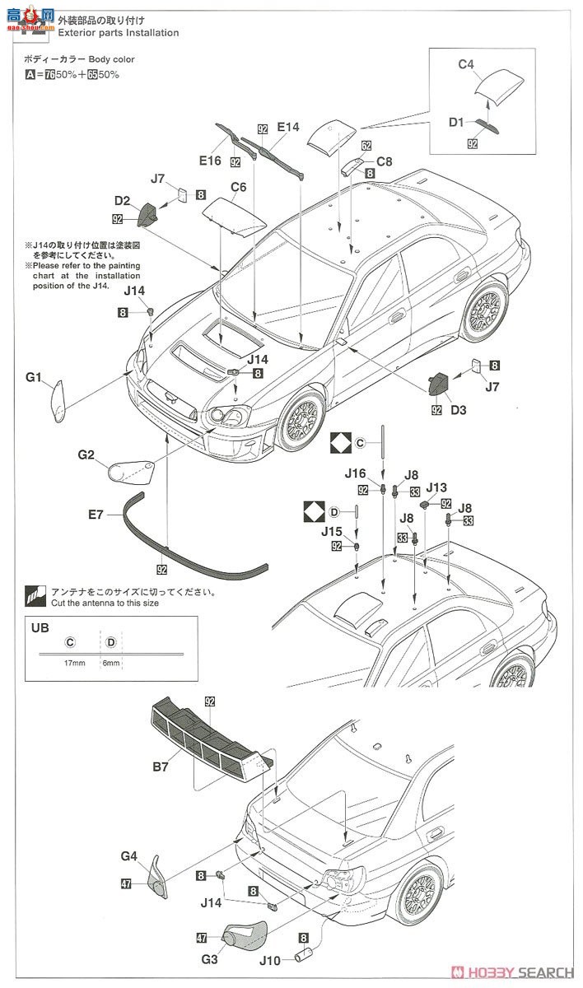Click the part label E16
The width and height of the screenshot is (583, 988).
pyautogui.click(x=209, y=161)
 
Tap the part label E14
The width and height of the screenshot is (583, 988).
pyautogui.click(x=288, y=127)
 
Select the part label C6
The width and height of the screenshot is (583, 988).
pyautogui.click(x=239, y=187)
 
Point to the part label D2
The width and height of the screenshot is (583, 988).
pyautogui.click(x=123, y=200)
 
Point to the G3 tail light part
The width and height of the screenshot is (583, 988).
pyautogui.click(x=246, y=935)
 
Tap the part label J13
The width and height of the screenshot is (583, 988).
pyautogui.click(x=436, y=487)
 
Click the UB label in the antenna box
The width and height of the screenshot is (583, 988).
pyautogui.click(x=39, y=627)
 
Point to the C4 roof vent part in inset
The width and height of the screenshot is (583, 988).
pyautogui.click(x=501, y=83)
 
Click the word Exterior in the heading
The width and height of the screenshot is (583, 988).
pyautogui.click(x=77, y=33)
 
